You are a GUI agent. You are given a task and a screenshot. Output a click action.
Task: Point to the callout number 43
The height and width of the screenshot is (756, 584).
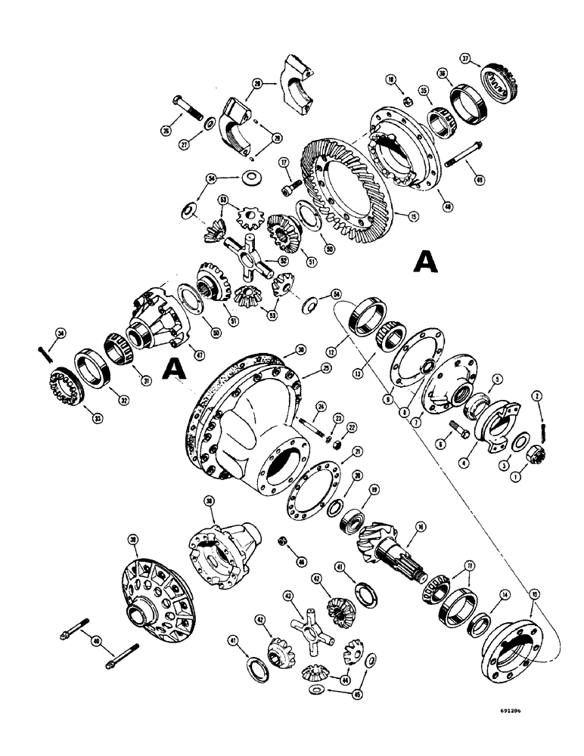click(287, 596)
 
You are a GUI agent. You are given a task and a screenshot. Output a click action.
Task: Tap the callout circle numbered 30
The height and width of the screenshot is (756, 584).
click(280, 349)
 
